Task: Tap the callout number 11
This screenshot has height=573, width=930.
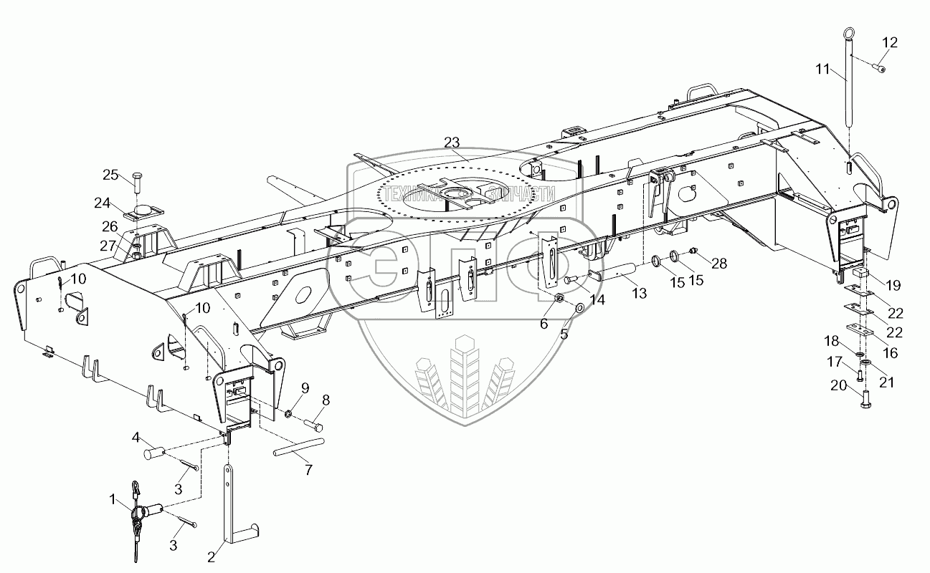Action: [x=822, y=69]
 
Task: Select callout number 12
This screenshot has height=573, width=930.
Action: [x=888, y=43]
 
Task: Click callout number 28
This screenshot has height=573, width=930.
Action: [x=718, y=264]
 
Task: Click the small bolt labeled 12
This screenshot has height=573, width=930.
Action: [x=878, y=67]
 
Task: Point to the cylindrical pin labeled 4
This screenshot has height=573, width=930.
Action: [x=156, y=453]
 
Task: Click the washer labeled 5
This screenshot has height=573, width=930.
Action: [x=579, y=309]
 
